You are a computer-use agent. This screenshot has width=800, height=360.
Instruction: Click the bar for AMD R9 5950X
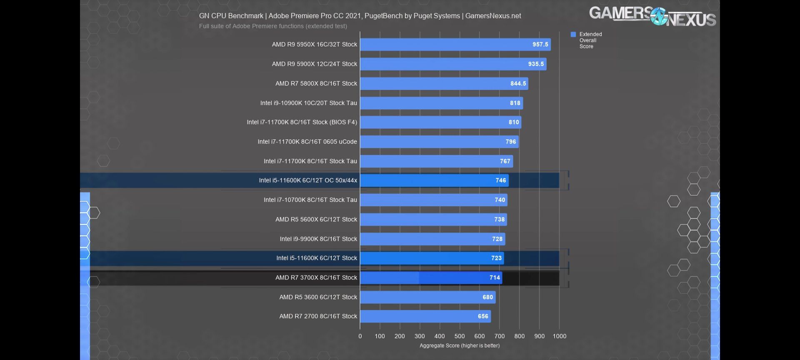click(455, 45)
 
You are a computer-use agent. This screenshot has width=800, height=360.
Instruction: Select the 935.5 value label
click(536, 64)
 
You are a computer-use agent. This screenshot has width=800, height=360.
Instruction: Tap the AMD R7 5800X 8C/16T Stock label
click(316, 84)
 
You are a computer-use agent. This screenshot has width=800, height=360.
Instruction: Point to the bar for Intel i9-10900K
click(441, 103)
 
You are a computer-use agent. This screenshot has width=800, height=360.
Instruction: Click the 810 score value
click(514, 122)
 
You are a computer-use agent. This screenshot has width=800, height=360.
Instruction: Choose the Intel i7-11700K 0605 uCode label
click(307, 142)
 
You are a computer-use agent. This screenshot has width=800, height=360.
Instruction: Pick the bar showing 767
click(436, 161)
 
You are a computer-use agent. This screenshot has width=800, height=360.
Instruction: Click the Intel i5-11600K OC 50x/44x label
click(308, 180)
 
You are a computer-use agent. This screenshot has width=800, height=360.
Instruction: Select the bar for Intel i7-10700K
click(433, 200)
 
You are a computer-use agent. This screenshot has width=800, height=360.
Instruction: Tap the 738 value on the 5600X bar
click(499, 220)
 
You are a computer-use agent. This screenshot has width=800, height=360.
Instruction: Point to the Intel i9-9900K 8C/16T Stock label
click(318, 239)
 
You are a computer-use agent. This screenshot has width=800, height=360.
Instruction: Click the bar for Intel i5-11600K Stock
click(432, 258)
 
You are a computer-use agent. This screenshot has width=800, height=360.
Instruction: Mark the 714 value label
click(495, 278)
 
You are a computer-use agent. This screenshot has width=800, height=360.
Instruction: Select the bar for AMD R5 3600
click(427, 297)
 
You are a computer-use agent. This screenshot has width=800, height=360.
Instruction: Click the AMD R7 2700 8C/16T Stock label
click(318, 317)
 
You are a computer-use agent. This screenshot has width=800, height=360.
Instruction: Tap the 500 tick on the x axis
click(460, 336)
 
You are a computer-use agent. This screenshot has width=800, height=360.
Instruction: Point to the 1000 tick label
click(559, 336)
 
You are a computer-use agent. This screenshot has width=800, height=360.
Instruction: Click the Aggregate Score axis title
click(459, 346)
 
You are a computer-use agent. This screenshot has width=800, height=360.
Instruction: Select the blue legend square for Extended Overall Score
click(573, 35)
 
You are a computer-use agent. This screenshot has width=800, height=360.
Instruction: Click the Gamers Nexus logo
click(652, 17)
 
